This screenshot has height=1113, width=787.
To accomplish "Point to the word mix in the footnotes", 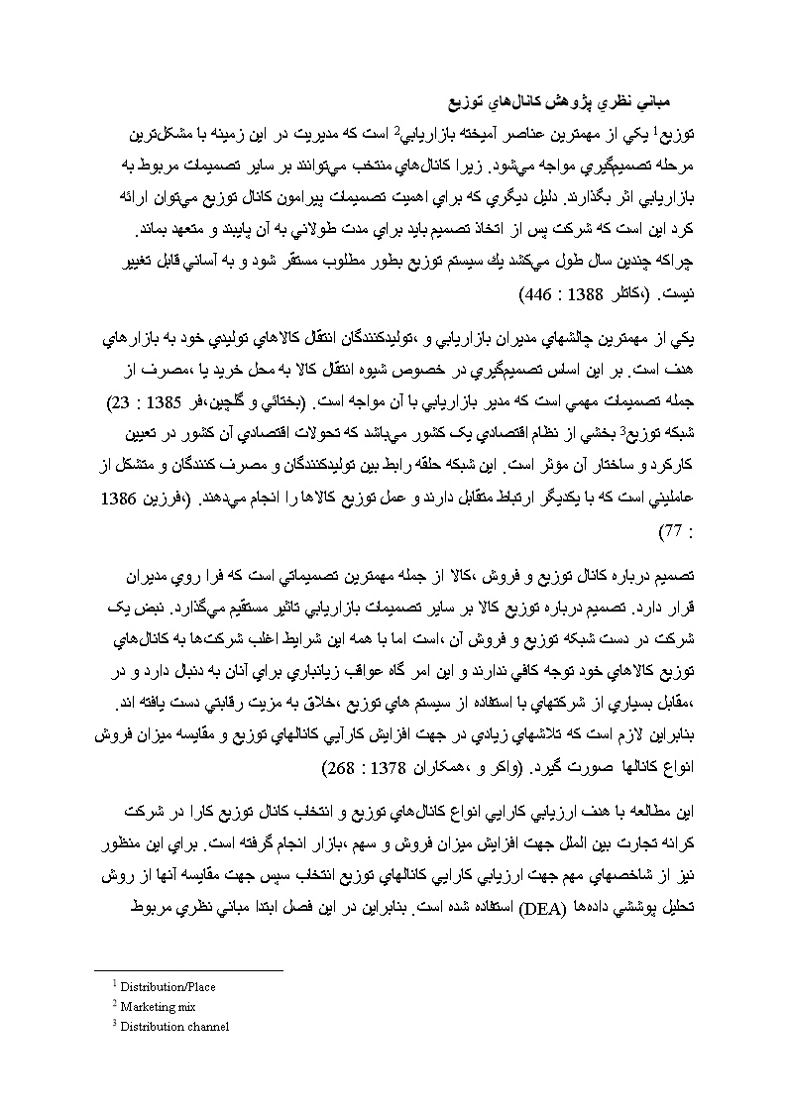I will pyautogui.click(x=183, y=1007).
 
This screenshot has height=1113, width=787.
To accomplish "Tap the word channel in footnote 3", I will pyautogui.click(x=205, y=1027).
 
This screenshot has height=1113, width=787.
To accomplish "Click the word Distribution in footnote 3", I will pyautogui.click(x=149, y=1027).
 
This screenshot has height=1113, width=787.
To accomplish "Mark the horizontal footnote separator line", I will pyautogui.click(x=188, y=970).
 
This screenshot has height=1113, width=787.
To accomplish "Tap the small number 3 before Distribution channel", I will pyautogui.click(x=115, y=1024).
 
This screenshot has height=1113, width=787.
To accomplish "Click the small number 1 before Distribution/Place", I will pyautogui.click(x=115, y=984).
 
